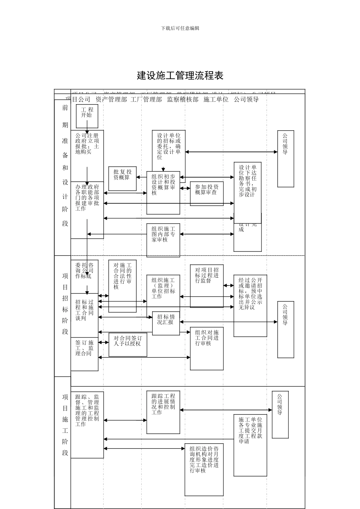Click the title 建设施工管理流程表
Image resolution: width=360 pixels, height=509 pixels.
click(180, 75)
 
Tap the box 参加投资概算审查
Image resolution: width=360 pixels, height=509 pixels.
click(207, 193)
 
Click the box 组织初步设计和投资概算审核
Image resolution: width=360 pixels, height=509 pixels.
click(163, 192)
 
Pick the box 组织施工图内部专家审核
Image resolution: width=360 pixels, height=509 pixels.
click(163, 240)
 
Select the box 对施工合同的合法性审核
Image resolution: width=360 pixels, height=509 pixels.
click(122, 286)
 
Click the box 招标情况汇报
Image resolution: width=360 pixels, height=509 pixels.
click(166, 323)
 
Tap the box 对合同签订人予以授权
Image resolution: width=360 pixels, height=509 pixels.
click(128, 344)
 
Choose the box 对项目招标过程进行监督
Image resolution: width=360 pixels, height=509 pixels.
click(207, 286)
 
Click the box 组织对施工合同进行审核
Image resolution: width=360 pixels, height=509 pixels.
click(207, 348)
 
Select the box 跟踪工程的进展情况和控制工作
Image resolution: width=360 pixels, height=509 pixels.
click(163, 412)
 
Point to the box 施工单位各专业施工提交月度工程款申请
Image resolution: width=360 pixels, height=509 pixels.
click(250, 445)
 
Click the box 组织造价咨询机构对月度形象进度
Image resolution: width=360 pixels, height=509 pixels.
click(204, 469)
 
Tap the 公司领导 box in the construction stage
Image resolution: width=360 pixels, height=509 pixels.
click(280, 414)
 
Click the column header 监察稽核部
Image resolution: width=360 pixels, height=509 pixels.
click(183, 100)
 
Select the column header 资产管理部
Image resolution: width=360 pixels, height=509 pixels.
click(111, 100)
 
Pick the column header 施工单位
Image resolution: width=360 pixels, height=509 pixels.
click(216, 100)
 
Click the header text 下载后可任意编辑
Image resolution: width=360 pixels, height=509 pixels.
click(180, 28)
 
